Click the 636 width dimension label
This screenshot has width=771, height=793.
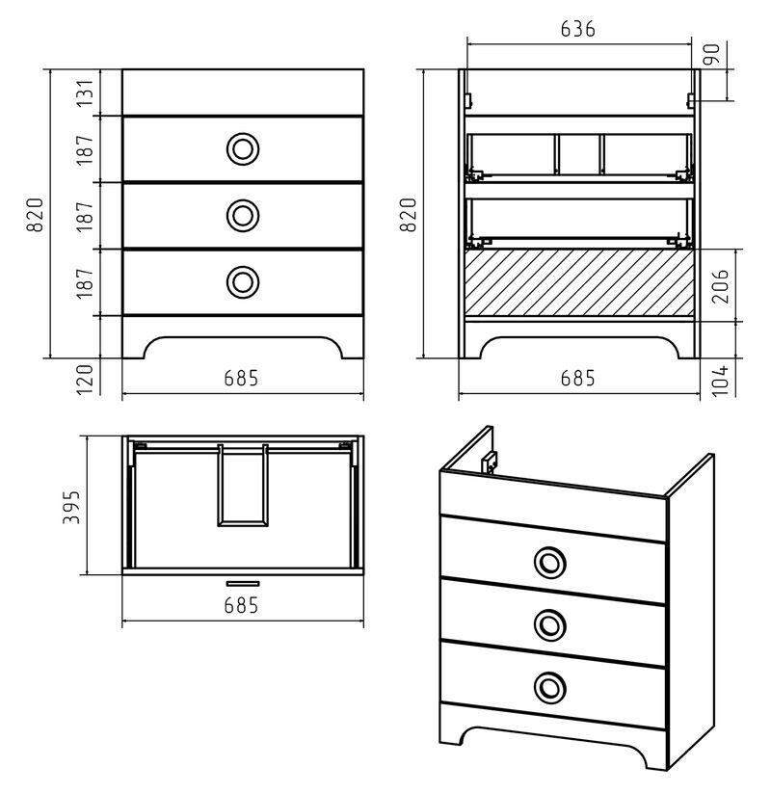[x=577, y=29]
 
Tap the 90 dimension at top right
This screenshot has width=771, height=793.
[x=712, y=55]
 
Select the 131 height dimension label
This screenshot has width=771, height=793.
[x=86, y=93]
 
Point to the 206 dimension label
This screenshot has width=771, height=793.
[x=721, y=286]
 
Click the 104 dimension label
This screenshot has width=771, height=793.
[x=721, y=380]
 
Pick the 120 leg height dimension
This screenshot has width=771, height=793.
[x=86, y=380]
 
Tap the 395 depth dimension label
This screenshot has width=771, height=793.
[x=71, y=507]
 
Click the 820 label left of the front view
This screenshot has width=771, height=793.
[x=35, y=215]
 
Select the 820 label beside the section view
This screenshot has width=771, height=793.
[x=409, y=215]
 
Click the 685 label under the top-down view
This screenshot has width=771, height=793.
[x=241, y=605]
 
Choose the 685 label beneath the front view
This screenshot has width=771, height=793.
[x=241, y=379]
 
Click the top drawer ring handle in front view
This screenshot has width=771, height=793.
[x=243, y=149]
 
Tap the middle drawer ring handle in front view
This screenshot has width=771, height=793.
[x=243, y=216]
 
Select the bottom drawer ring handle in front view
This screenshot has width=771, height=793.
[x=243, y=281]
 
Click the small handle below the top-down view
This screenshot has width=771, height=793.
[x=243, y=584]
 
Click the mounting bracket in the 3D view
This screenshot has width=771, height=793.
[x=490, y=462]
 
